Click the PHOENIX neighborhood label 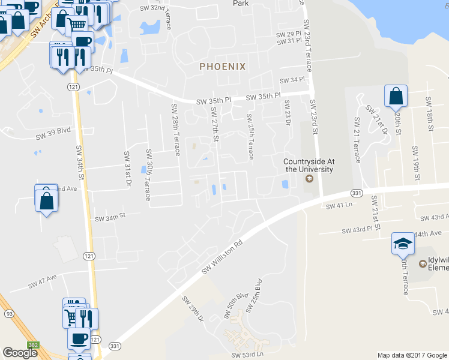coord(223,67)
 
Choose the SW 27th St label coord(214,125)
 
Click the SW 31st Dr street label coord(127,169)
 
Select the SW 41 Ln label coord(338,206)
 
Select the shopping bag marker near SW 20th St coord(396,96)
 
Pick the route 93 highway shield coord(9,314)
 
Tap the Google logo coord(20,353)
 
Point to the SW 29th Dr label coord(193,308)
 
